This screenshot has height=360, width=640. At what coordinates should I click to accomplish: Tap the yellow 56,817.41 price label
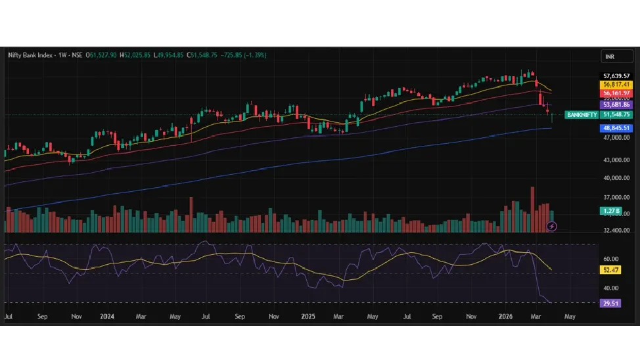coord(616,85)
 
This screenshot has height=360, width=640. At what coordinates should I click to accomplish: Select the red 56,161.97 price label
coord(616,94)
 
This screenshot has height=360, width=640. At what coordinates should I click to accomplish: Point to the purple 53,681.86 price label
coord(616,104)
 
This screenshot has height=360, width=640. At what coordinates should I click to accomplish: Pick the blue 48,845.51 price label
coord(616,128)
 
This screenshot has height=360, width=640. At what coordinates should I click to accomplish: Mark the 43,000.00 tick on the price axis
coord(616,160)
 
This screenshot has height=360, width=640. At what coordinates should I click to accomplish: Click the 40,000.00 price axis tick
coord(616,178)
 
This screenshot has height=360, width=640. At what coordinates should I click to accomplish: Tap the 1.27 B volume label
coord(611,211)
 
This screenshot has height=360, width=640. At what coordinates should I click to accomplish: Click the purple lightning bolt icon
coord(552,227)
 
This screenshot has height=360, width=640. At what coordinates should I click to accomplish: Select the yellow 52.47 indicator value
coord(611,270)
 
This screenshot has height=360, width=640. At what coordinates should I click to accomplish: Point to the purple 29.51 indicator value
coord(611,303)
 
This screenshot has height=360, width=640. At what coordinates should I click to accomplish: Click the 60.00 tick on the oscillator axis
coord(611,259)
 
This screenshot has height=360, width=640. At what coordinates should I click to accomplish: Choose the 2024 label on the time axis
coord(108,316)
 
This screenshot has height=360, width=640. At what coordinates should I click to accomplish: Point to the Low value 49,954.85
coord(169,55)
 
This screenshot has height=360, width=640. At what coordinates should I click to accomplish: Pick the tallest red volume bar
coord(532,209)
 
